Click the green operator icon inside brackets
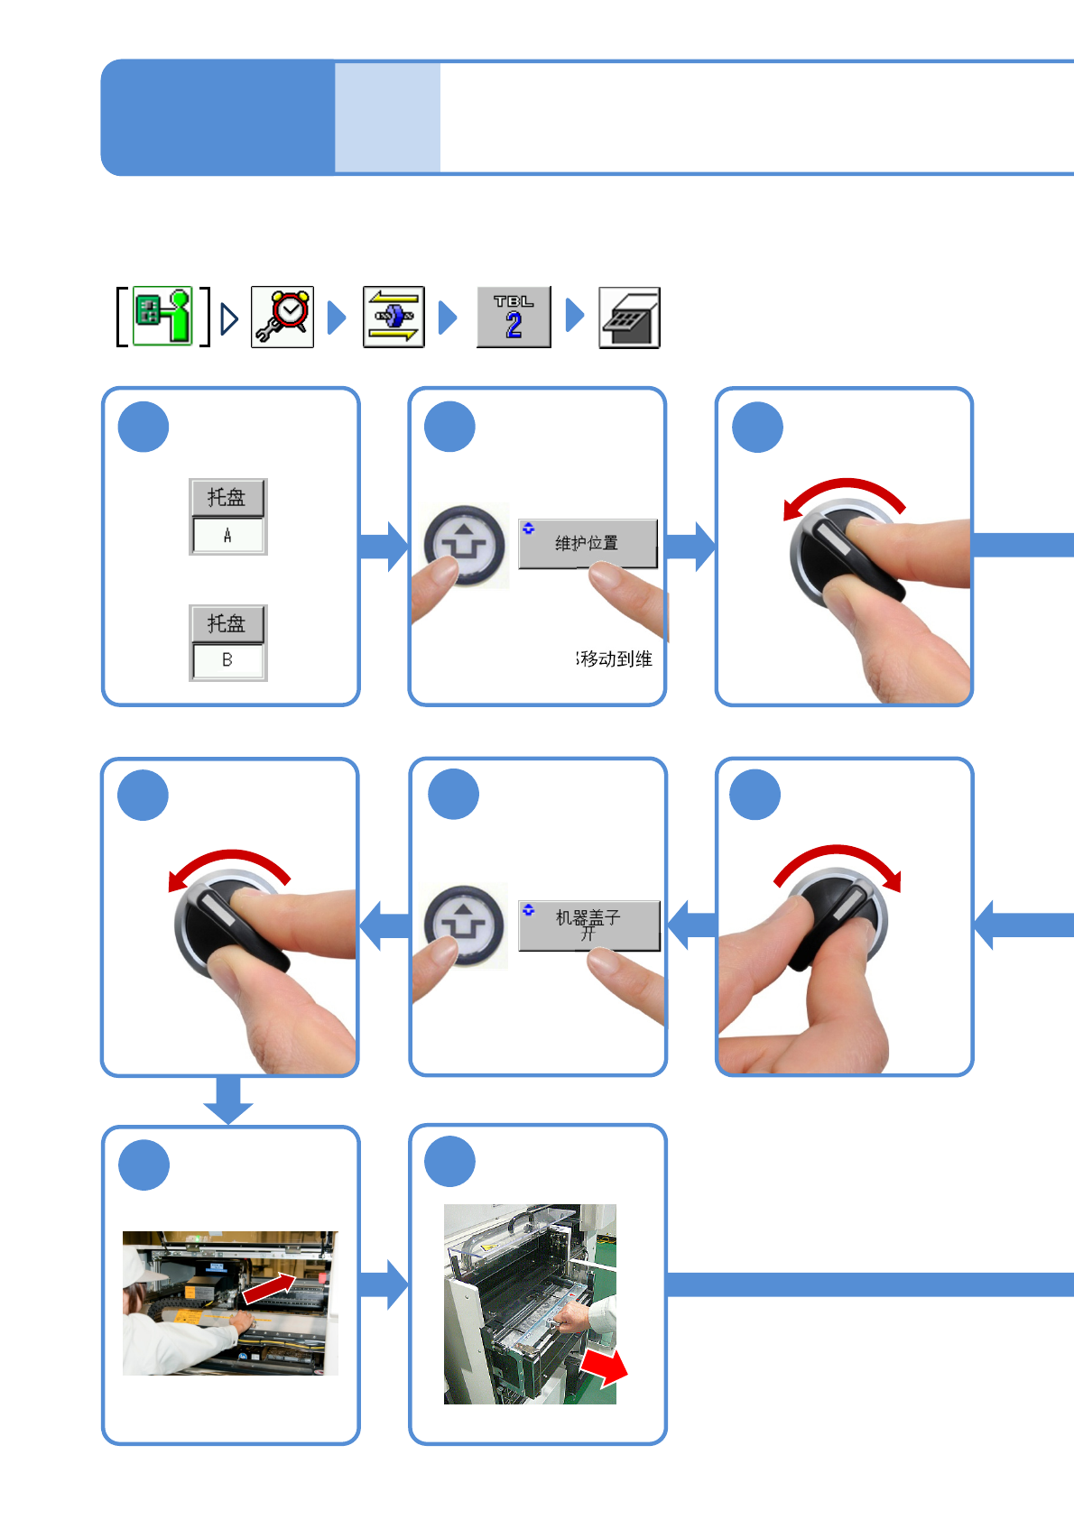tap(163, 317)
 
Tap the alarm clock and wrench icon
tap(282, 317)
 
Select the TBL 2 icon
tap(514, 317)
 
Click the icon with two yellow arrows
tap(393, 317)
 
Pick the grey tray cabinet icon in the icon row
tap(629, 318)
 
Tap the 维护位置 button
tap(588, 543)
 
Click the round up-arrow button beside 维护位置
tap(465, 545)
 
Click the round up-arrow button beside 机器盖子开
tap(465, 925)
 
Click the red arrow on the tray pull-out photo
tap(604, 1366)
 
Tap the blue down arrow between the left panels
tap(228, 1100)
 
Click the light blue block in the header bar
tap(387, 117)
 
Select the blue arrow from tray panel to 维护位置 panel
tap(384, 547)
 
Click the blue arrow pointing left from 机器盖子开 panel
tap(384, 925)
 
